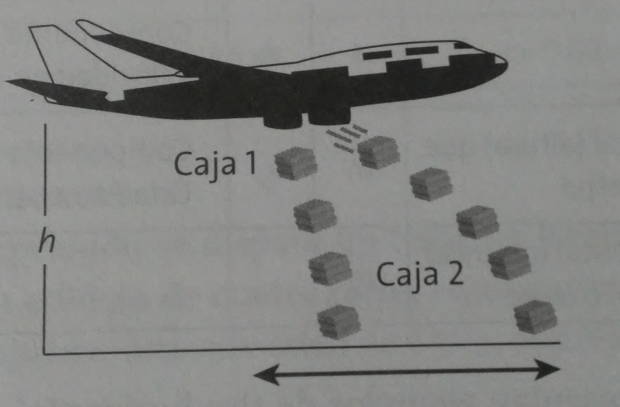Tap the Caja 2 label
click(x=421, y=275)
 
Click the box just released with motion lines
click(x=379, y=152)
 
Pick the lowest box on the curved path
click(x=535, y=316)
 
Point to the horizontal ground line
click(x=303, y=348)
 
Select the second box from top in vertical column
click(x=315, y=216)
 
